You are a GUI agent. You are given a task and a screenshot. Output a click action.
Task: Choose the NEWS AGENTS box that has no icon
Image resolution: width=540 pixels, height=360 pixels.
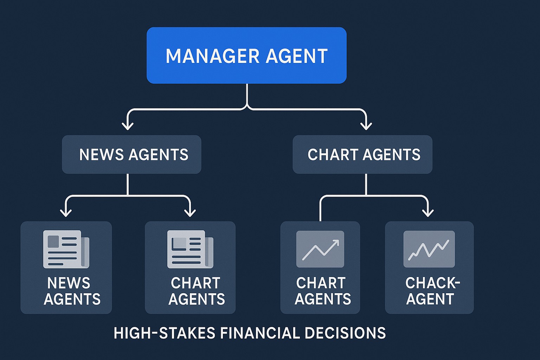[x=131, y=154]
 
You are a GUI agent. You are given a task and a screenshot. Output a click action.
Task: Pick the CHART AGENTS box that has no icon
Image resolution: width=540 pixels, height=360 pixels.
[x=362, y=154]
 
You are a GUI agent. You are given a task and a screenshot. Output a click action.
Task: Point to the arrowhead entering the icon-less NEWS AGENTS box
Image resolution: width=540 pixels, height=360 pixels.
[x=127, y=126]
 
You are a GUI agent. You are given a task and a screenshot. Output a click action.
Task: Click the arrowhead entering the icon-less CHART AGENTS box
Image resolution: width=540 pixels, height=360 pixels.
[x=366, y=126]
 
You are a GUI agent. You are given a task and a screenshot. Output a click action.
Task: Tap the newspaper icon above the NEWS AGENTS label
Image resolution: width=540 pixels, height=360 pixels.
[x=66, y=249]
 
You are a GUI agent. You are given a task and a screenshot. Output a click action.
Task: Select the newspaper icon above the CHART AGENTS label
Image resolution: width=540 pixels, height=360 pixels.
[x=190, y=249]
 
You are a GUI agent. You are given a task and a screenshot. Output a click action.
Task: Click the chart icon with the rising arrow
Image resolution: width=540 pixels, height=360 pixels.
[x=320, y=249]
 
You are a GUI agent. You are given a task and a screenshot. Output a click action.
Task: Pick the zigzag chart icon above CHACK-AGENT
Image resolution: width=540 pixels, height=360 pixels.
[x=429, y=249]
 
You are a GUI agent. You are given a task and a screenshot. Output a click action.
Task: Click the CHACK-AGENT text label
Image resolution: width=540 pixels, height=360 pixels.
[x=432, y=291]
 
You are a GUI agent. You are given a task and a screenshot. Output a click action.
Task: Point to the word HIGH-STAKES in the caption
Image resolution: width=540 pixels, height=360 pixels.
[x=164, y=333]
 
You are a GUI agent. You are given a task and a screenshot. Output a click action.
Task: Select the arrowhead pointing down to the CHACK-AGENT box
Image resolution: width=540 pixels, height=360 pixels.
[x=428, y=212]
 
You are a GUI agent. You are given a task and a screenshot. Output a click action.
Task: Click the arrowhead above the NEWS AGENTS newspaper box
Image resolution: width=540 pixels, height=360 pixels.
[x=66, y=212]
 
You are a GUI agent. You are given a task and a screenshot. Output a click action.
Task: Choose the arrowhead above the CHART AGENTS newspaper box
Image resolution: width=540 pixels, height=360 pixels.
[x=190, y=212]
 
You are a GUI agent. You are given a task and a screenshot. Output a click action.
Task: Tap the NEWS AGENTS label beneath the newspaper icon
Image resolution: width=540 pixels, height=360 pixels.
[x=72, y=291]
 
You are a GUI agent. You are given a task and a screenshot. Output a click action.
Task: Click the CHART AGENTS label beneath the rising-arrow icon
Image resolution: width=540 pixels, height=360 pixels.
[x=323, y=291]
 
